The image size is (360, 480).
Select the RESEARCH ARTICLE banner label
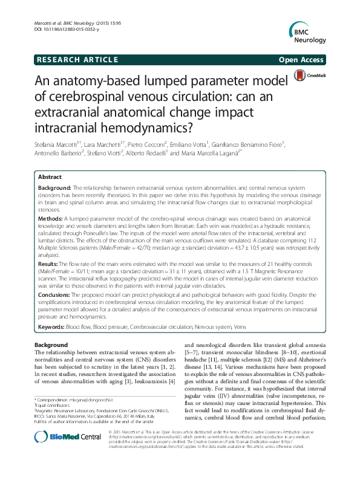[x=76, y=59]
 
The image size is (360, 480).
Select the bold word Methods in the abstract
[x=51, y=216]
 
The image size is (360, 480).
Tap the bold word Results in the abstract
[x=50, y=264]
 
